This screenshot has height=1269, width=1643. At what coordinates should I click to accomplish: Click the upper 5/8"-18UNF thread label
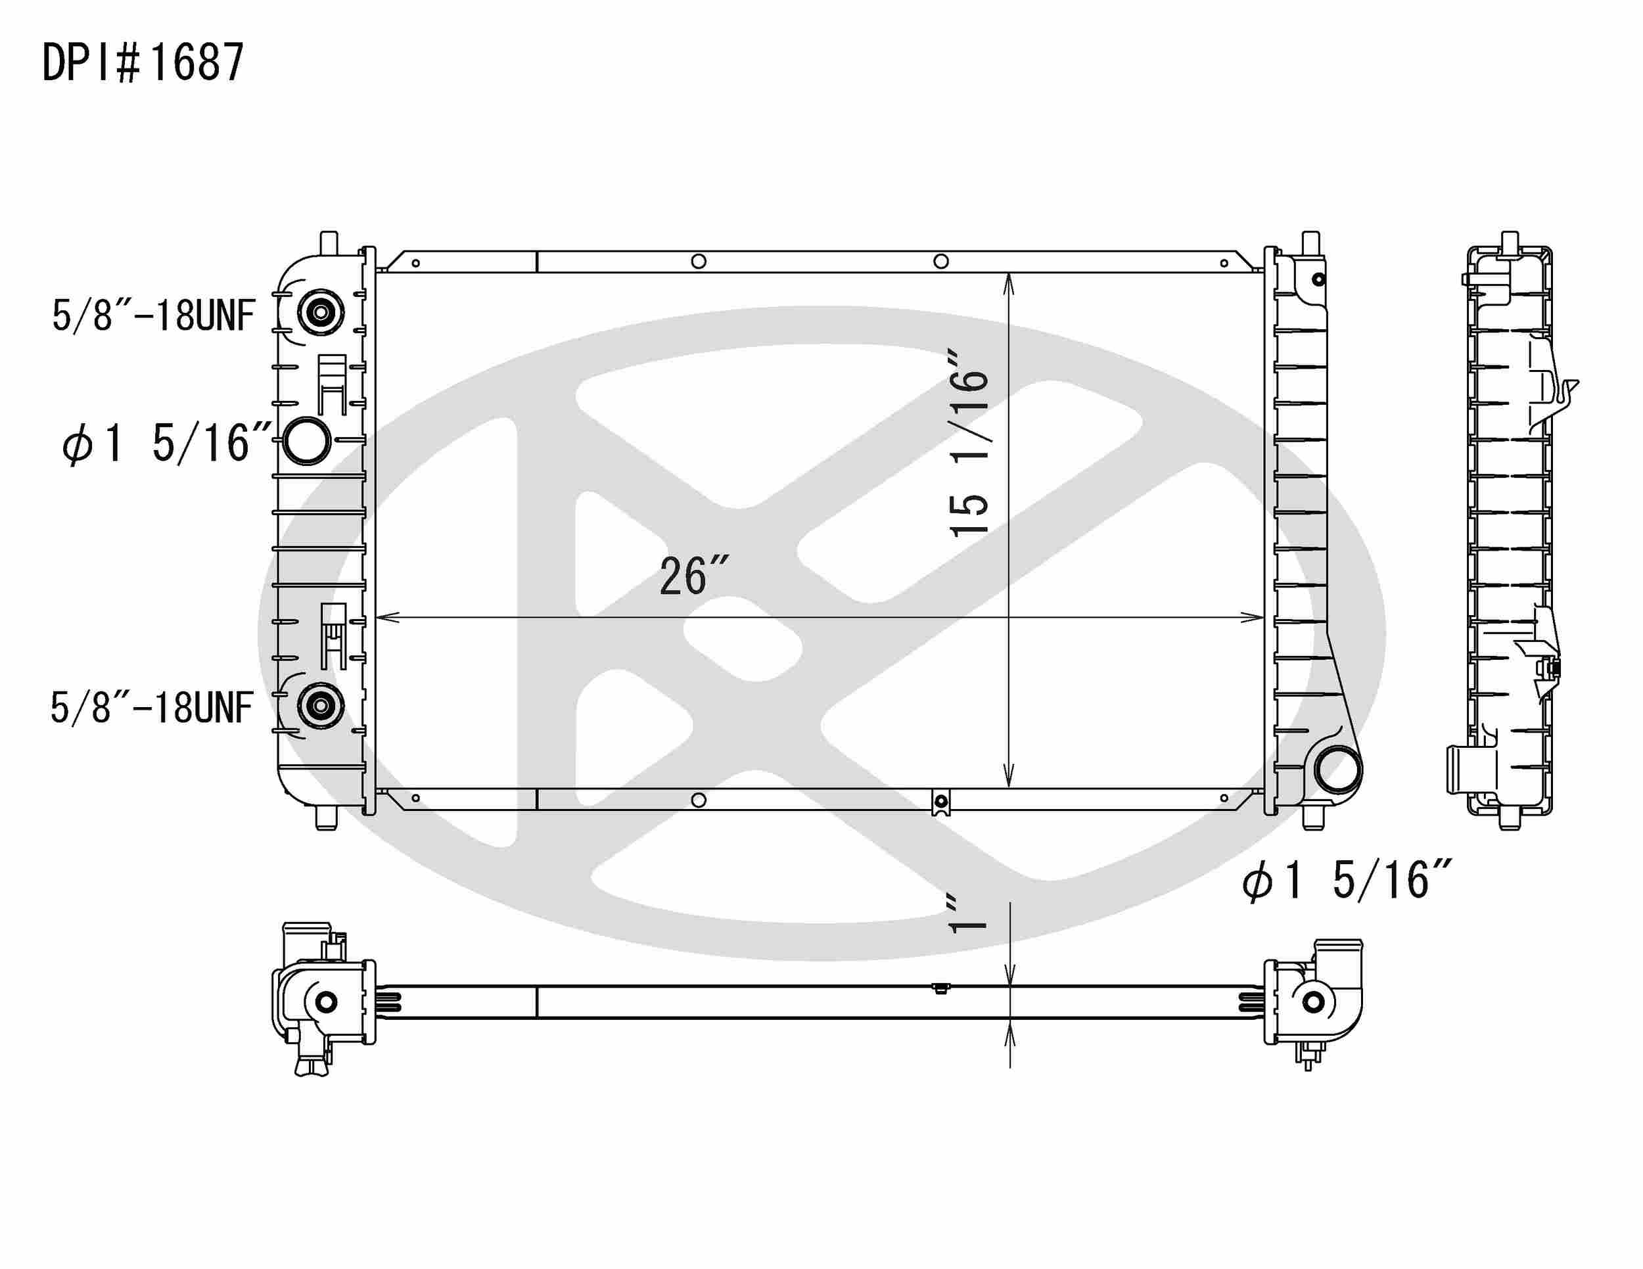pos(154,315)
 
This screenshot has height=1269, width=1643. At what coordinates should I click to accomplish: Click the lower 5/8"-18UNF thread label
pos(151,708)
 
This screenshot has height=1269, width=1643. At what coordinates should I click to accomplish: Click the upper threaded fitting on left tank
pos(321,311)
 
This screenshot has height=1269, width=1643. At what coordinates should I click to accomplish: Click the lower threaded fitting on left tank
pos(321,706)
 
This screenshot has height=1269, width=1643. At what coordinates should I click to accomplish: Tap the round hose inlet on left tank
pos(307,442)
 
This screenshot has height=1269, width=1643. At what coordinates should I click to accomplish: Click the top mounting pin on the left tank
pos(329,242)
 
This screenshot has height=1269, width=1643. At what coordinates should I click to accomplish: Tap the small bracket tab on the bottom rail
pos(940,803)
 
